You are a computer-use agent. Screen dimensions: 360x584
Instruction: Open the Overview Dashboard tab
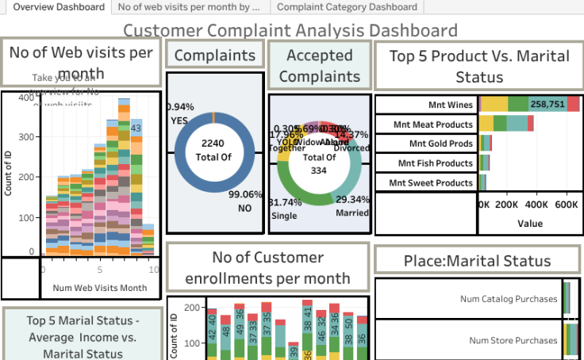[59, 7]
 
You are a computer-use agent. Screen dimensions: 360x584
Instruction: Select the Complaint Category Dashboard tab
[347, 7]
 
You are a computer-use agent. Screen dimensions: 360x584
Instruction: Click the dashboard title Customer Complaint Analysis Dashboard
[290, 31]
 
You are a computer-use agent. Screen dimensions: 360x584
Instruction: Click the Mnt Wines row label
[450, 105]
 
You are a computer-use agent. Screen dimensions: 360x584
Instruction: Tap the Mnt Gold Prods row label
[441, 144]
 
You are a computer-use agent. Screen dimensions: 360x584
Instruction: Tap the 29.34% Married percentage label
[352, 199]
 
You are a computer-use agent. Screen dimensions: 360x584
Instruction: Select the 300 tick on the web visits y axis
[28, 136]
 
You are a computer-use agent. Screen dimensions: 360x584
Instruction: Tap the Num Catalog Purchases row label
[508, 299]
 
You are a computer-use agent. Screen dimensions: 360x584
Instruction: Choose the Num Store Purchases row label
[513, 340]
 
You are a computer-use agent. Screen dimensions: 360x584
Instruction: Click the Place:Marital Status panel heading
[477, 260]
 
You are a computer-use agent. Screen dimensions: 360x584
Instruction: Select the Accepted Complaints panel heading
[319, 66]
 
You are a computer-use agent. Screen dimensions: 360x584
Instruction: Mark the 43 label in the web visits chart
[136, 128]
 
